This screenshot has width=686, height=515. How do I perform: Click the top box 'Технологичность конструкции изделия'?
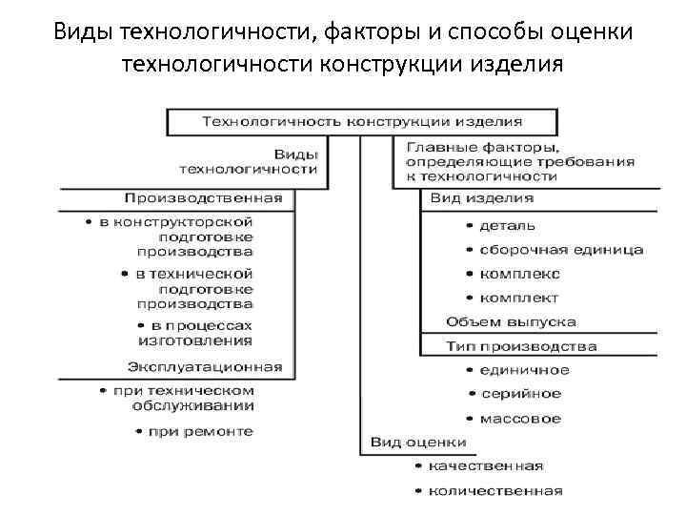pyautogui.click(x=362, y=121)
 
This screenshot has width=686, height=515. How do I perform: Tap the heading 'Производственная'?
pyautogui.click(x=203, y=198)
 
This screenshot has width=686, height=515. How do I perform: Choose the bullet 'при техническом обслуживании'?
pyautogui.click(x=181, y=398)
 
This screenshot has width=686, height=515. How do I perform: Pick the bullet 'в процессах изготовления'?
pyautogui.click(x=194, y=332)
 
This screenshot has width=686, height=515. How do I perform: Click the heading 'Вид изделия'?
pyautogui.click(x=482, y=198)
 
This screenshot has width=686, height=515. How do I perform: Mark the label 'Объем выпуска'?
pyautogui.click(x=511, y=322)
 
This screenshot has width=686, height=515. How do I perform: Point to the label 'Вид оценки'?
pyautogui.click(x=418, y=443)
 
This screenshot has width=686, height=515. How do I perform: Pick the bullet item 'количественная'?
pyautogui.click(x=495, y=491)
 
